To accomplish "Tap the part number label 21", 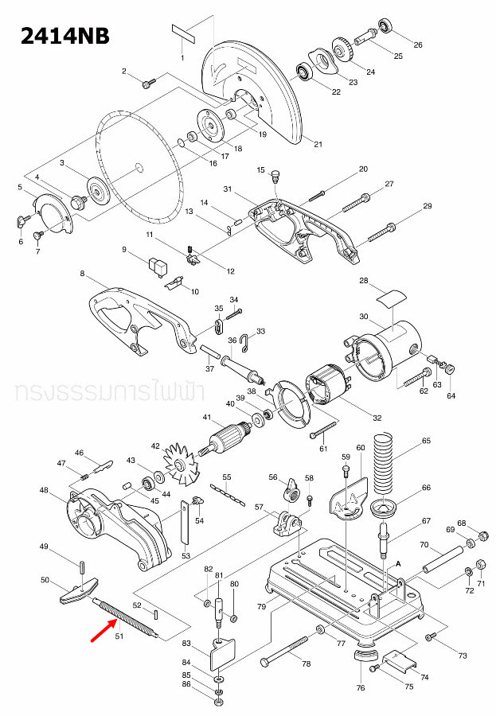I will [x=318, y=144].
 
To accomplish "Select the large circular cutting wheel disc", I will [x=139, y=166].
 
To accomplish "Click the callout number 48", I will [x=45, y=490].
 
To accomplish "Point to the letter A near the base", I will [x=397, y=562].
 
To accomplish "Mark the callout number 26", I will [x=417, y=45].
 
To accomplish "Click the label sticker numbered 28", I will [x=388, y=298].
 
